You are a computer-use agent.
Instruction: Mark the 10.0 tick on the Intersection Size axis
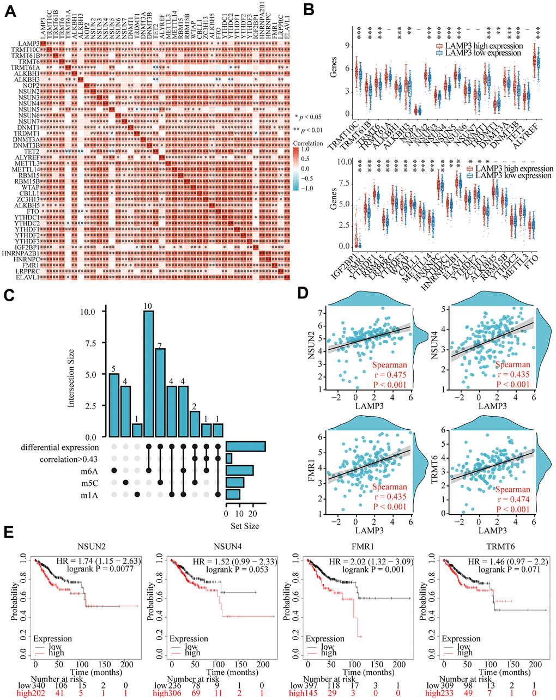click(88, 312)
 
